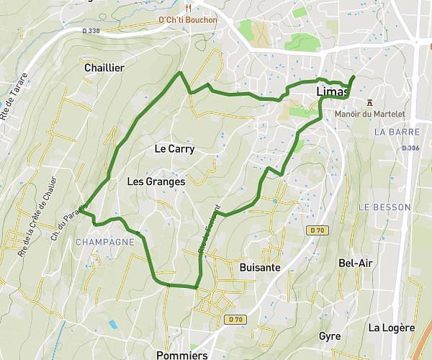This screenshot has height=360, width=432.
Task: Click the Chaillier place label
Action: pos(104,68)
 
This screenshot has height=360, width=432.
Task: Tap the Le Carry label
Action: pos(175,149)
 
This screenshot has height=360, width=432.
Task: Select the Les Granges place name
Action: pos(156,181)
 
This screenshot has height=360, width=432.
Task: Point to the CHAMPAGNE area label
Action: pos(105,242)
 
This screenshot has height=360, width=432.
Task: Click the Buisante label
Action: pos(259,266)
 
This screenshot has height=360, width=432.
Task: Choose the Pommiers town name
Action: pos(181,355)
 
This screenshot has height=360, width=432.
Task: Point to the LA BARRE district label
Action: pos(392,132)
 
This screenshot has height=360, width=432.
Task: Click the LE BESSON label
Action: pos(384,207)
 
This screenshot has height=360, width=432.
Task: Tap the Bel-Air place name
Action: pos(356,263)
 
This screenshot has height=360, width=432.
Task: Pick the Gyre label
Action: pos(330,336)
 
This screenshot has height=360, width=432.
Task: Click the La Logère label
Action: pos(392,328)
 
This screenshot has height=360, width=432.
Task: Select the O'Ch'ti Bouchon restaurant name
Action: pos(188,20)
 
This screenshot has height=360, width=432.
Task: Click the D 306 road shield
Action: pos(411,148)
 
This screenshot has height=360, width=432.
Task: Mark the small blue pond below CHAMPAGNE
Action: pos(113,325)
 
